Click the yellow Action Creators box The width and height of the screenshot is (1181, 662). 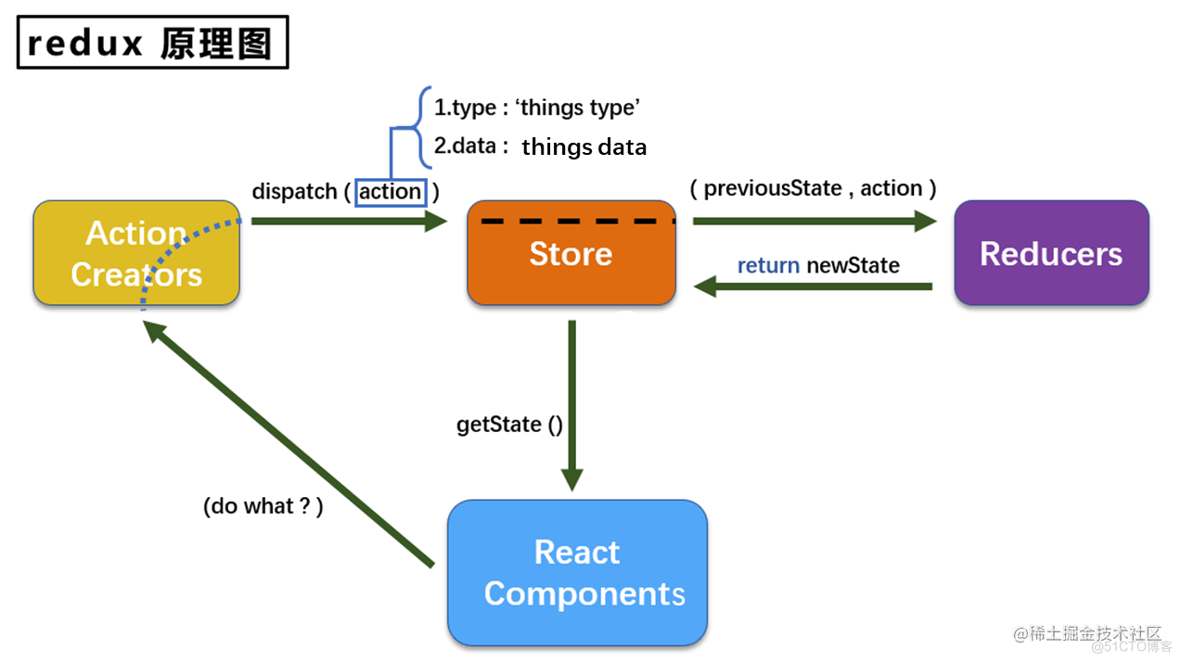tap(136, 253)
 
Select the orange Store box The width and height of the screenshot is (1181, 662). tap(571, 254)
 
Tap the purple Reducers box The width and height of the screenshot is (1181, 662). tap(1051, 254)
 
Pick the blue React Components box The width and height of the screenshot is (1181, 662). tap(577, 573)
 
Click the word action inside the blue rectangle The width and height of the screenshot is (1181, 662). tap(390, 192)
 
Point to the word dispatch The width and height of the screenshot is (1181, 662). tap(294, 192)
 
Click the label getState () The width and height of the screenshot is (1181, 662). tap(509, 425)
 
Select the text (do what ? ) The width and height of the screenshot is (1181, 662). tap(263, 507)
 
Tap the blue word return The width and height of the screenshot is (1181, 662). tap(768, 266)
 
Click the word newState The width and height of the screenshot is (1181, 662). tap(853, 266)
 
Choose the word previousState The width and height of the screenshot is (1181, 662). tap(772, 189)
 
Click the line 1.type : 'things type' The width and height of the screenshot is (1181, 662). tap(536, 108)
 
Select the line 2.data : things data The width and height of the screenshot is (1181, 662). tap(540, 146)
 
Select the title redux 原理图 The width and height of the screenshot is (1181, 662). tap(152, 44)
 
